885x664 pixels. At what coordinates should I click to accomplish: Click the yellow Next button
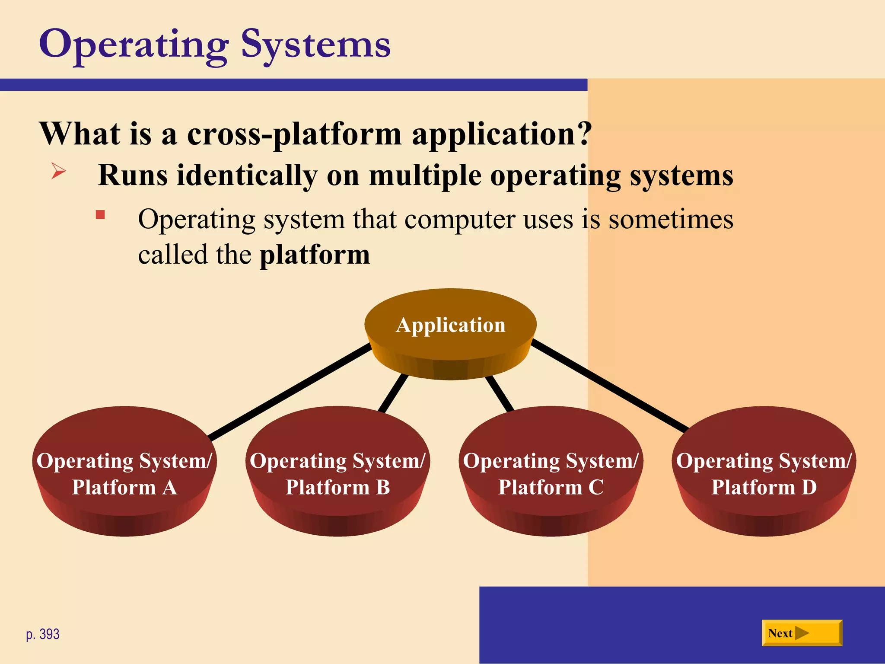click(x=802, y=633)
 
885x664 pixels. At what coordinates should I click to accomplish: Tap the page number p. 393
click(x=43, y=634)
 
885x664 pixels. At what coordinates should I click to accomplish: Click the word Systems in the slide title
click(x=315, y=45)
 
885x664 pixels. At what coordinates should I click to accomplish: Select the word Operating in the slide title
click(x=134, y=45)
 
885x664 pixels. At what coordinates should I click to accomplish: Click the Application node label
click(x=450, y=325)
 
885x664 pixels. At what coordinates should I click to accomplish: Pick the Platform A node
click(x=124, y=473)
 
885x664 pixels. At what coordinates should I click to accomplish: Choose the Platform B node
click(x=337, y=473)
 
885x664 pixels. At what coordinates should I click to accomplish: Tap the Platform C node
click(x=551, y=473)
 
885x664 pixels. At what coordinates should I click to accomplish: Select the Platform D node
click(x=764, y=473)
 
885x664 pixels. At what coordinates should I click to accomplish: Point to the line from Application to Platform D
click(x=609, y=386)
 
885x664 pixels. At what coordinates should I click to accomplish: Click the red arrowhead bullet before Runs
click(x=58, y=171)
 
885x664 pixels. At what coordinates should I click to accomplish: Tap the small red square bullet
click(x=100, y=215)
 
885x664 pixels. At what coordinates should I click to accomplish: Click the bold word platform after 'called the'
click(x=315, y=255)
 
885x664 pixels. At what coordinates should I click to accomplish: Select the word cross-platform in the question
click(x=294, y=134)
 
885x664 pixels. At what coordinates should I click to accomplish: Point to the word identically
click(x=247, y=176)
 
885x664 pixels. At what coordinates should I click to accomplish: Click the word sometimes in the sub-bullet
click(x=671, y=219)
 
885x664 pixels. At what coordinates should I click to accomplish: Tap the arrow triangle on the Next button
click(x=802, y=633)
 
